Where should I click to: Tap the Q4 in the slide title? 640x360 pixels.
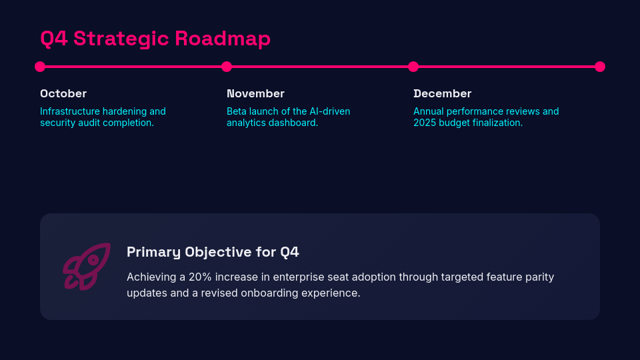[x=54, y=39]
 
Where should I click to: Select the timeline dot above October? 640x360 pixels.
[x=40, y=67]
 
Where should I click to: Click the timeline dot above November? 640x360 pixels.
[x=227, y=67]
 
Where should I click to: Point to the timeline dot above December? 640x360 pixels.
[x=413, y=67]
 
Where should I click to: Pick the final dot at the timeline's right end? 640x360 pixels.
[x=600, y=67]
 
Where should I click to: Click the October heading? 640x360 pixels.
[x=63, y=93]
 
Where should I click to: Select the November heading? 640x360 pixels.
[x=255, y=93]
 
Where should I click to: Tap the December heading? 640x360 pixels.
[x=442, y=93]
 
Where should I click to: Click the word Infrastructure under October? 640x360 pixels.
[x=70, y=111]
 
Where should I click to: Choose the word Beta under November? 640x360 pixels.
[x=237, y=111]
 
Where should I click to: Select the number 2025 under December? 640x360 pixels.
[x=425, y=123]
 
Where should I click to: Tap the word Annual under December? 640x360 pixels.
[x=429, y=111]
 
